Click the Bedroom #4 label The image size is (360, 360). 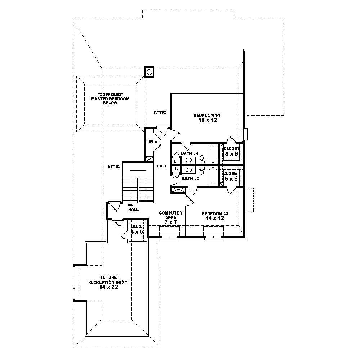(207, 115)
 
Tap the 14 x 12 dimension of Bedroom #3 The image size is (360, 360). (215, 218)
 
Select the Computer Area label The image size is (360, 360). (171, 215)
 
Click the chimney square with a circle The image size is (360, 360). (149, 72)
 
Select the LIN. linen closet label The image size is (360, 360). (150, 142)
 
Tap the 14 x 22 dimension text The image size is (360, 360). (108, 287)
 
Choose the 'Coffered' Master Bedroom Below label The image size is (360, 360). (110, 98)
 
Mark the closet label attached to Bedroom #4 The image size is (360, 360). (231, 148)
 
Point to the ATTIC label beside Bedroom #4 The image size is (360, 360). (160, 112)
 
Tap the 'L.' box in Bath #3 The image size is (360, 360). (176, 168)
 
